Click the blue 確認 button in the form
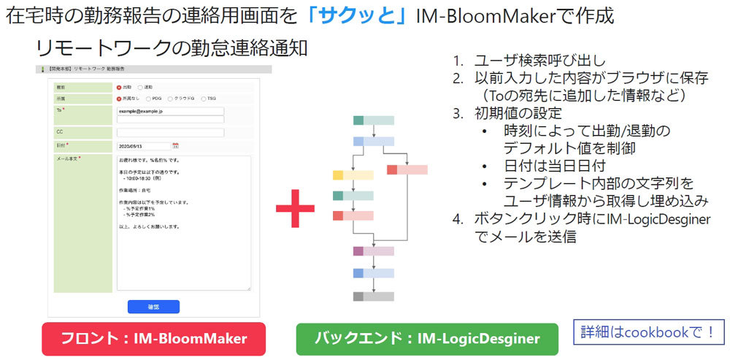click(153, 307)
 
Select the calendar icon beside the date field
click(175, 146)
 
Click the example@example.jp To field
click(170, 111)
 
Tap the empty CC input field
click(170, 132)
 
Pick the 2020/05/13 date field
click(143, 146)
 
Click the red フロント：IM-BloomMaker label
click(153, 339)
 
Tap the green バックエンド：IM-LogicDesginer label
click(427, 339)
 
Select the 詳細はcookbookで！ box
click(648, 332)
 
